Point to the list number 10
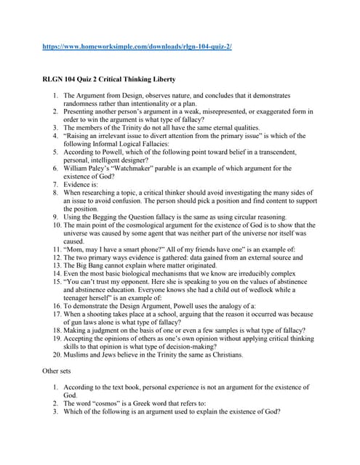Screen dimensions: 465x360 56,225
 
